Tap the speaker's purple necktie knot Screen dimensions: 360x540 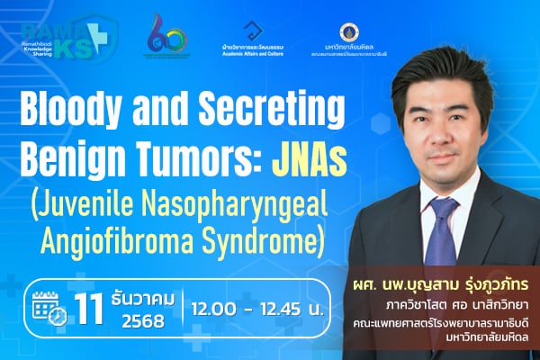(443, 208)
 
